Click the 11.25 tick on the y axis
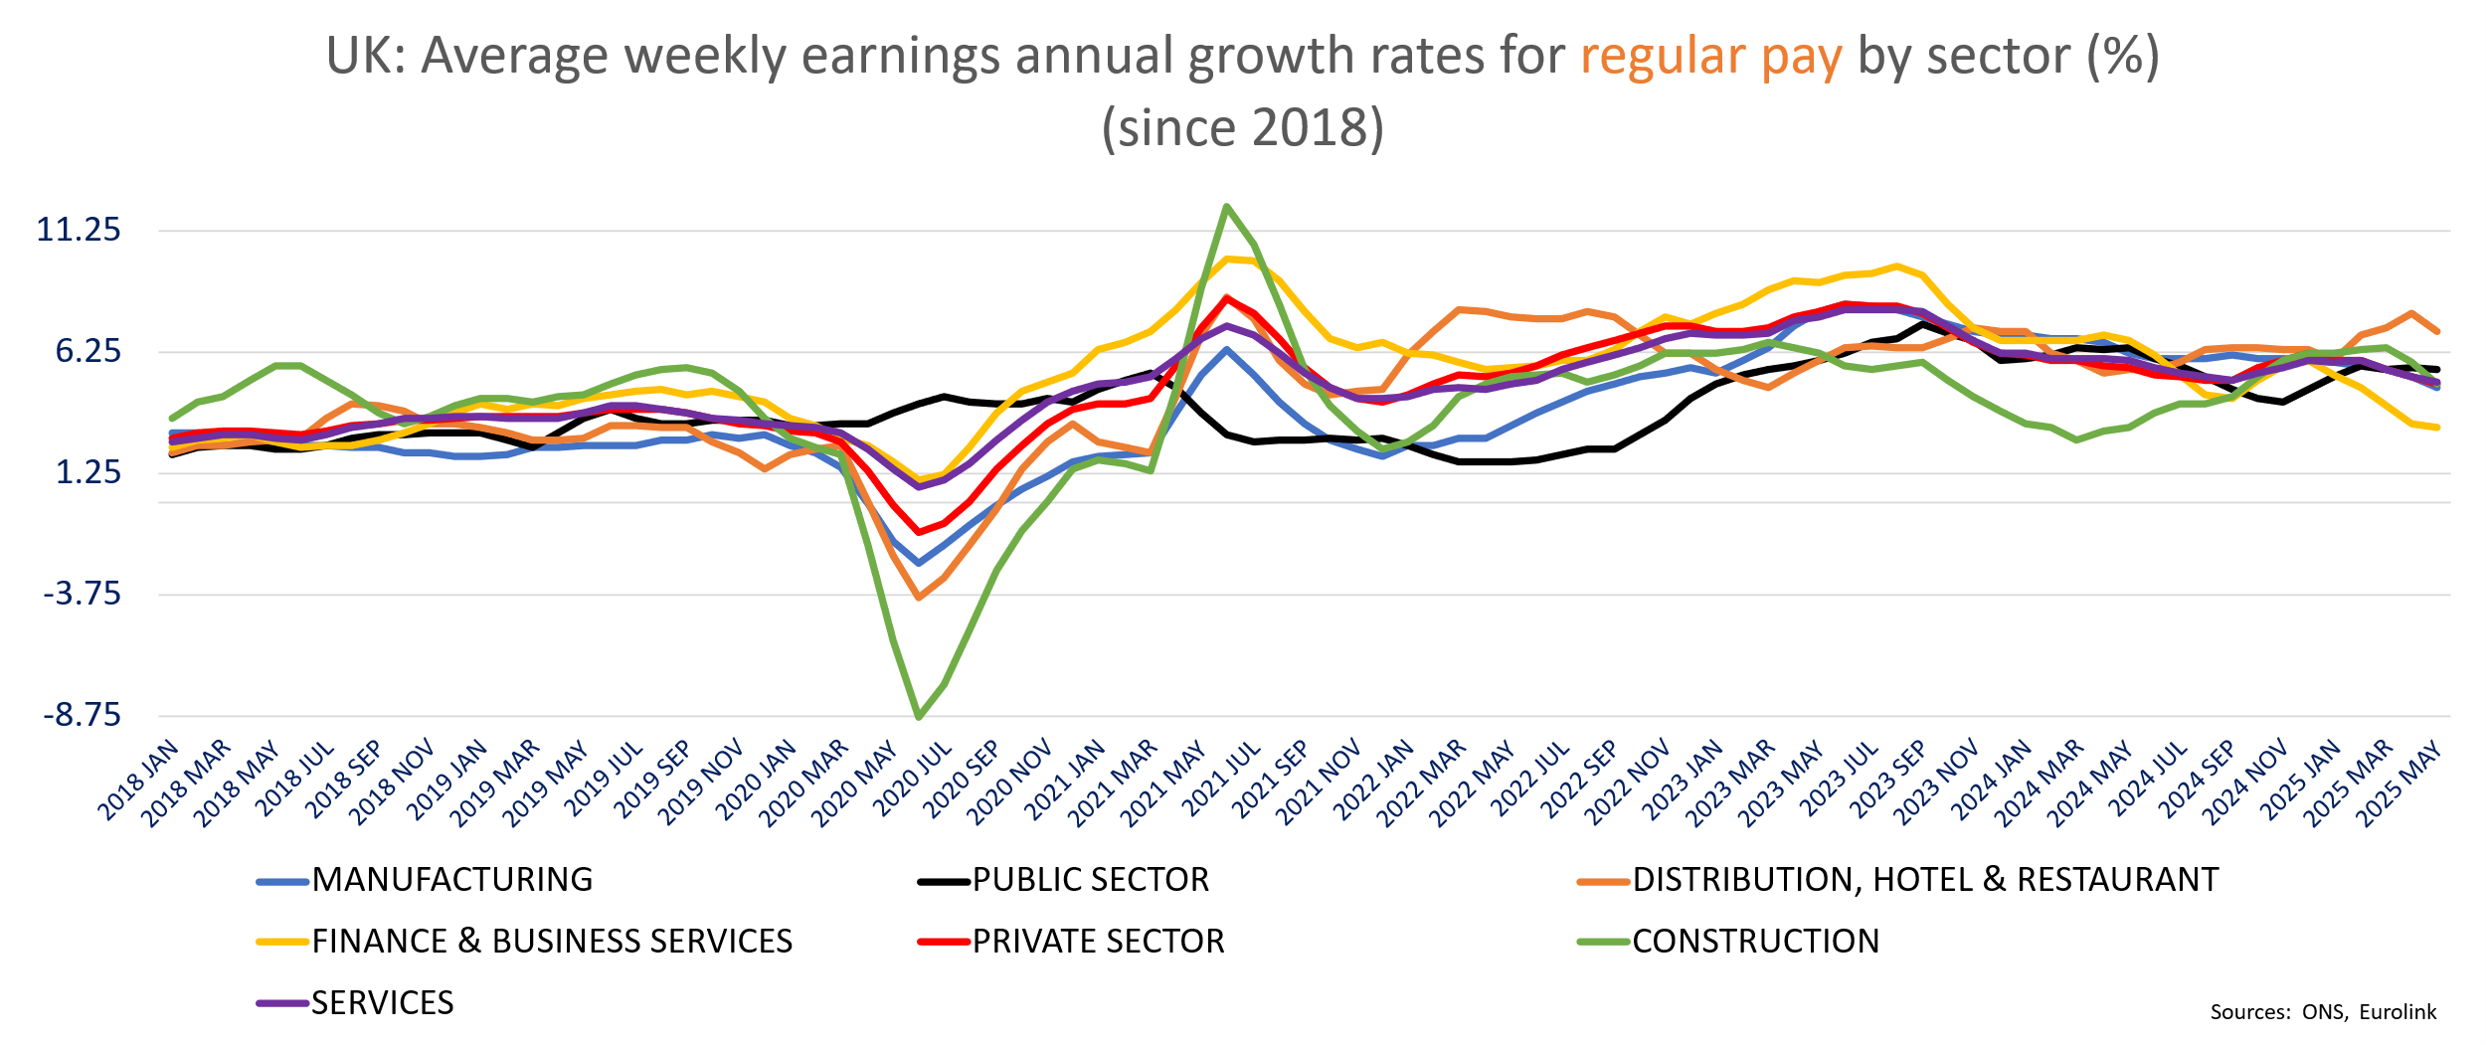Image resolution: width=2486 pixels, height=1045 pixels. click(79, 231)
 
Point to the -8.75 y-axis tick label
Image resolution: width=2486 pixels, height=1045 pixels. click(82, 716)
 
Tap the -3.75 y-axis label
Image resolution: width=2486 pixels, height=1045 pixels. click(82, 595)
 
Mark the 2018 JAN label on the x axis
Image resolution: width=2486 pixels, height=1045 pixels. click(139, 782)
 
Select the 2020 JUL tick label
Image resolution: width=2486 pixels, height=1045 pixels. click(914, 782)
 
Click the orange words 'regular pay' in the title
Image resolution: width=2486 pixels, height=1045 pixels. click(1710, 57)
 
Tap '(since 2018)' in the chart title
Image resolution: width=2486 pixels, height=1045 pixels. click(1242, 129)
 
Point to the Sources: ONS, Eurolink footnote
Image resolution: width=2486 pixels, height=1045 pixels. click(2322, 1012)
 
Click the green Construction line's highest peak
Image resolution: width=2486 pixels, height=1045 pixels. click(1227, 207)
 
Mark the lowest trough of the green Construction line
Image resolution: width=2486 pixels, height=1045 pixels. click(918, 717)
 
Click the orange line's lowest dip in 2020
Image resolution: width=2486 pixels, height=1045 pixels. click(918, 598)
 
